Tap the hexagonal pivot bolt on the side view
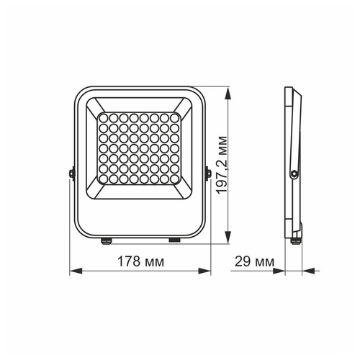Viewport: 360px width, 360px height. pos(294,173)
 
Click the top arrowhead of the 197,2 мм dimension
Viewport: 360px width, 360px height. pos(229,93)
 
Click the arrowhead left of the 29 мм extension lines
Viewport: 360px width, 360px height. pos(280,272)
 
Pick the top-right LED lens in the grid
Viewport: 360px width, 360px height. pos(176,117)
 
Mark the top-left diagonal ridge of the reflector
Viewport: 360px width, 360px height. pos(92,106)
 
